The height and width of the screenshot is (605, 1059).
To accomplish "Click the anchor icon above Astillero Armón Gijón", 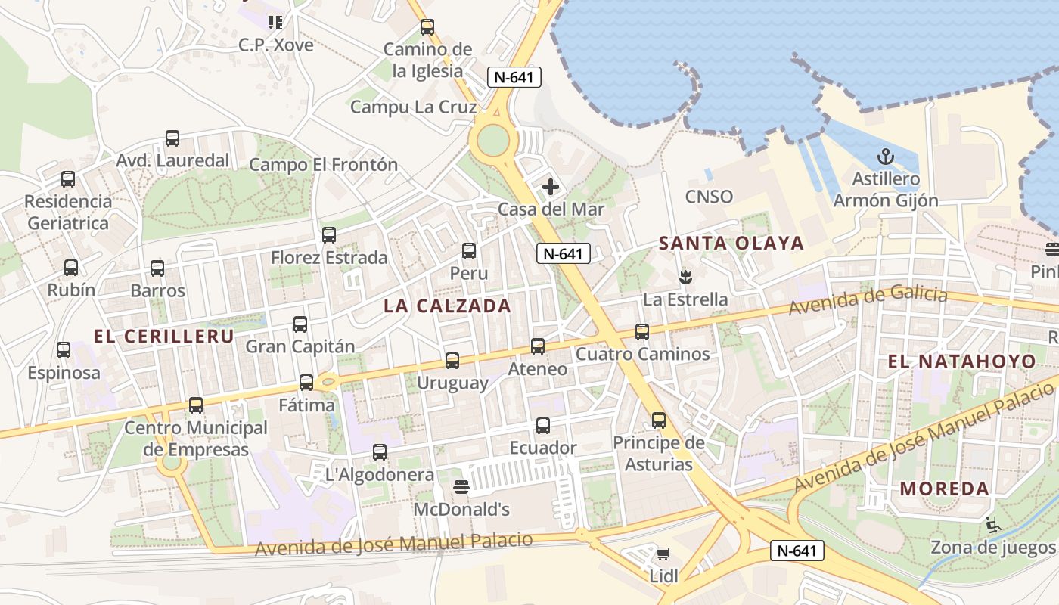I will (885, 157).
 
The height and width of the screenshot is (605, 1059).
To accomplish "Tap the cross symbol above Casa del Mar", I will (551, 186).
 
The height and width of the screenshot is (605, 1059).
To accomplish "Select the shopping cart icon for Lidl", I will (663, 554).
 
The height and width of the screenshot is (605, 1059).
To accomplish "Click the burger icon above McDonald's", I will (461, 486).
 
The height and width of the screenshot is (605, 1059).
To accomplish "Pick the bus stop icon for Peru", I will (469, 251).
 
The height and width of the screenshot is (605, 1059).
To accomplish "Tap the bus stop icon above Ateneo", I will (538, 346).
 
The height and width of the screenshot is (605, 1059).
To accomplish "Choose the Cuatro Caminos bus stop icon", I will (642, 331).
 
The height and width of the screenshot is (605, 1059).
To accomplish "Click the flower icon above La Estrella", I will (685, 277).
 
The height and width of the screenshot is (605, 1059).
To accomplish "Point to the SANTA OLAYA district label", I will (731, 243).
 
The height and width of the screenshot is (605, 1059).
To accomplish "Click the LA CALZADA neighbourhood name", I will (447, 306).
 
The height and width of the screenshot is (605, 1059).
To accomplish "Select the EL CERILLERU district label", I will (163, 337).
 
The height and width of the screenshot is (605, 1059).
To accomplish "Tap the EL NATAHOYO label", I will (961, 361).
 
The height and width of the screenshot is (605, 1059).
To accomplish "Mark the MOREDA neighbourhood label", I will (945, 488).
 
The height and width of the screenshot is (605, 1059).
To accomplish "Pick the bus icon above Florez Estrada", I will (329, 235).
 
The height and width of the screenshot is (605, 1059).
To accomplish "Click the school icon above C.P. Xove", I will (275, 23).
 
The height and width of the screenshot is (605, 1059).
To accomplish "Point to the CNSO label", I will (709, 197).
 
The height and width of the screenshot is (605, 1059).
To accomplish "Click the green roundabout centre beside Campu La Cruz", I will (492, 139).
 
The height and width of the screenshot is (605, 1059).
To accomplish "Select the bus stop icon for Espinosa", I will (64, 350).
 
